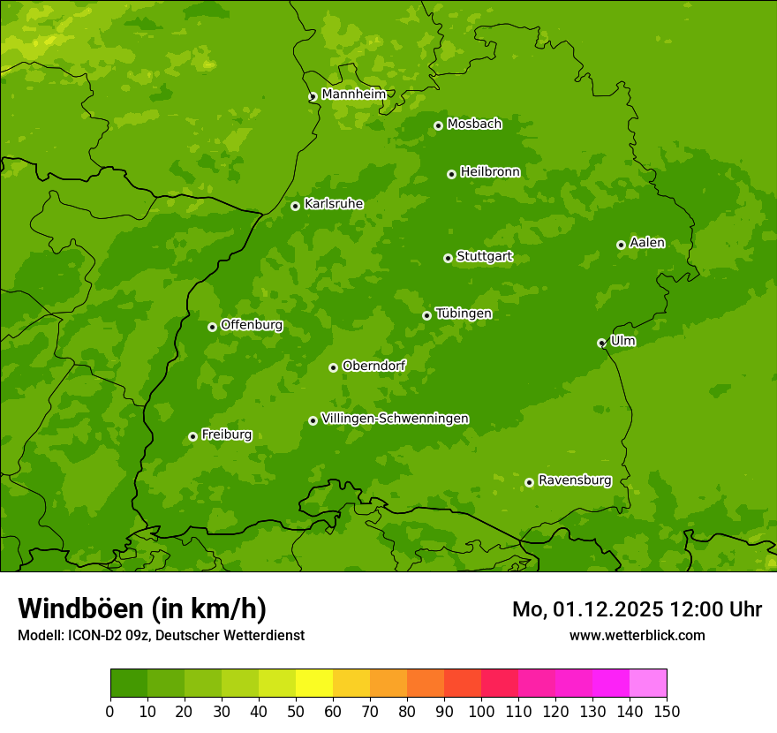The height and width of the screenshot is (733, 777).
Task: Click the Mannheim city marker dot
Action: click(x=313, y=97)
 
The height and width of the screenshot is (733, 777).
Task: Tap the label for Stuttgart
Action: click(x=484, y=257)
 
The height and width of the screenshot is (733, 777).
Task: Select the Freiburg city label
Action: click(x=226, y=435)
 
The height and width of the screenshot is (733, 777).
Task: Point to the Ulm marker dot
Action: click(x=602, y=343)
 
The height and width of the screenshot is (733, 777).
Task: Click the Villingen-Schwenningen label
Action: click(x=395, y=419)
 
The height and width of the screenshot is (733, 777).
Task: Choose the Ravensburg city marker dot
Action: click(x=530, y=482)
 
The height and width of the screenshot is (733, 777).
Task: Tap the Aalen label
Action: click(x=647, y=243)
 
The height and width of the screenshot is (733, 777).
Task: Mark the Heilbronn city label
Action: click(x=490, y=172)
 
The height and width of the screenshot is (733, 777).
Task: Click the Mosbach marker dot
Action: click(x=438, y=125)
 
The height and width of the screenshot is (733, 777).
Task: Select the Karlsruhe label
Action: click(x=333, y=204)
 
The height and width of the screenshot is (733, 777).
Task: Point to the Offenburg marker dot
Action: click(x=212, y=327)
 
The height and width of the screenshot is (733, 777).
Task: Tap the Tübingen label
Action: click(x=463, y=314)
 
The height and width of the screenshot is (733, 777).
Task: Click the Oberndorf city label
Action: click(x=373, y=366)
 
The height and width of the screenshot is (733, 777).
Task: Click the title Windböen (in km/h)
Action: click(x=141, y=608)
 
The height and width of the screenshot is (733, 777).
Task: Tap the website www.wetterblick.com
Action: click(x=637, y=635)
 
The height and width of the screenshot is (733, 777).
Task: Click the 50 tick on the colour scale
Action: click(x=296, y=711)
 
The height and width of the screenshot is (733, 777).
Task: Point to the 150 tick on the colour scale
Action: click(x=667, y=711)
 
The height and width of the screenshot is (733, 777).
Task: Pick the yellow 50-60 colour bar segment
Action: click(x=314, y=683)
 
